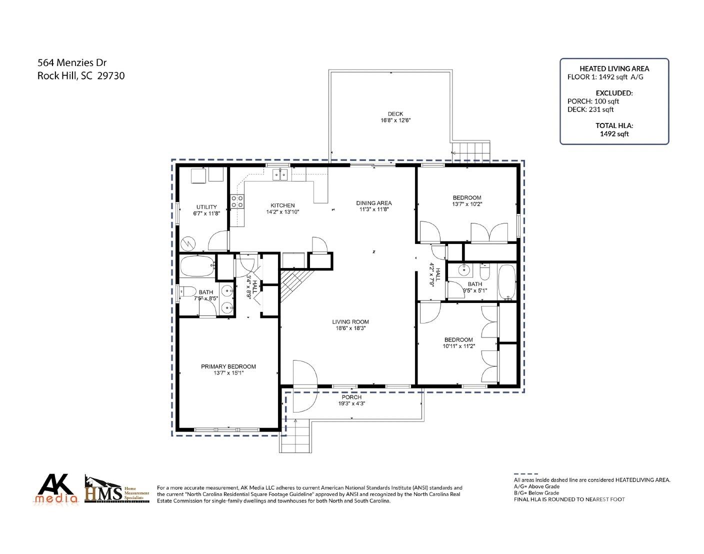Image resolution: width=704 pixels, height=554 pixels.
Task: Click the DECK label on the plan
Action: point(395,114)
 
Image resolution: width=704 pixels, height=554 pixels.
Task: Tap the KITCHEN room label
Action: point(282,205)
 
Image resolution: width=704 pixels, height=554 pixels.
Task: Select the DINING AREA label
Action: point(374,203)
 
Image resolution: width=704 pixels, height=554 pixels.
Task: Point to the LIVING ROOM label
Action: point(350,322)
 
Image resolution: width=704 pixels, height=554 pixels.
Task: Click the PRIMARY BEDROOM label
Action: point(228,366)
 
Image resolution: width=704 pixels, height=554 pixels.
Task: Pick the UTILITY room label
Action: point(206,207)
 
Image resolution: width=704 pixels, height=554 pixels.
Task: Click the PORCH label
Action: point(351,397)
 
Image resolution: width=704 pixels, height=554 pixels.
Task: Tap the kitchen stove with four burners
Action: point(237,201)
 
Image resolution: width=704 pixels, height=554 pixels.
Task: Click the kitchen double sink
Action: point(279,174)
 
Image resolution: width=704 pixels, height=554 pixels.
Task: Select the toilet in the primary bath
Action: point(188,291)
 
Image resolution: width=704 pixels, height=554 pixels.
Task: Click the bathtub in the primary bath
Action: point(197,267)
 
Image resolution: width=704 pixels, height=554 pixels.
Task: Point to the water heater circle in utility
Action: point(190,243)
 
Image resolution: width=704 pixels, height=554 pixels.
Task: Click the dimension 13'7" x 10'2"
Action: point(467,204)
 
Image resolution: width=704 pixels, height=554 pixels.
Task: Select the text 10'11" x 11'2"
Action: point(458,346)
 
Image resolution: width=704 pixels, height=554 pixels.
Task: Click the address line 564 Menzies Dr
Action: point(72,63)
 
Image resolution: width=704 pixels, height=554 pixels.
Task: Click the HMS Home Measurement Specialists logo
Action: point(116,488)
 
